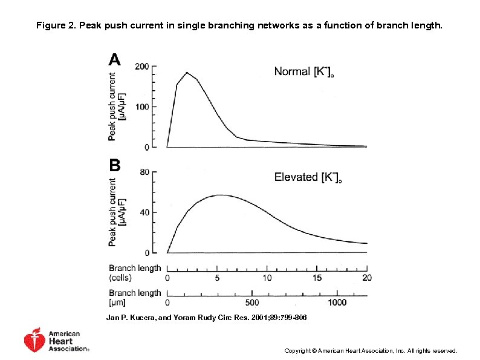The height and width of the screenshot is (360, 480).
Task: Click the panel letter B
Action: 114,165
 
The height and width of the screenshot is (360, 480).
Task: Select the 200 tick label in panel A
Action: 142,66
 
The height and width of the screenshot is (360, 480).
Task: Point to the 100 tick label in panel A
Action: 142,107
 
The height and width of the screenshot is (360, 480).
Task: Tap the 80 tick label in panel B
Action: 144,172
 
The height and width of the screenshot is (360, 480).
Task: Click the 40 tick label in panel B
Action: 144,212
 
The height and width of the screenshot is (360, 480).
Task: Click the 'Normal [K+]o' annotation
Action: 305,72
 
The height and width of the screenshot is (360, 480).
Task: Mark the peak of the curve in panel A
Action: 187,73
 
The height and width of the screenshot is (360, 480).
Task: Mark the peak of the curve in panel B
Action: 221,195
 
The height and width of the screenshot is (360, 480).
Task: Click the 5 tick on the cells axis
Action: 217,278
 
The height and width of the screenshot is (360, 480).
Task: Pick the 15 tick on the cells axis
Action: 317,278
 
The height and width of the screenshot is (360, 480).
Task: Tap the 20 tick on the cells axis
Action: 367,278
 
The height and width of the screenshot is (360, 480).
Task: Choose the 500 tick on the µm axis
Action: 252,303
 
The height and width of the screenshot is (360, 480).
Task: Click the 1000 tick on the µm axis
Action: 337,303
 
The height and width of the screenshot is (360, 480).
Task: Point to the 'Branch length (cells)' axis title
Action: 135,273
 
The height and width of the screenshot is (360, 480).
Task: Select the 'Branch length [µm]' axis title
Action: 135,297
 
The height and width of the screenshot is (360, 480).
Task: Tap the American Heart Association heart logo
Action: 34,341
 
